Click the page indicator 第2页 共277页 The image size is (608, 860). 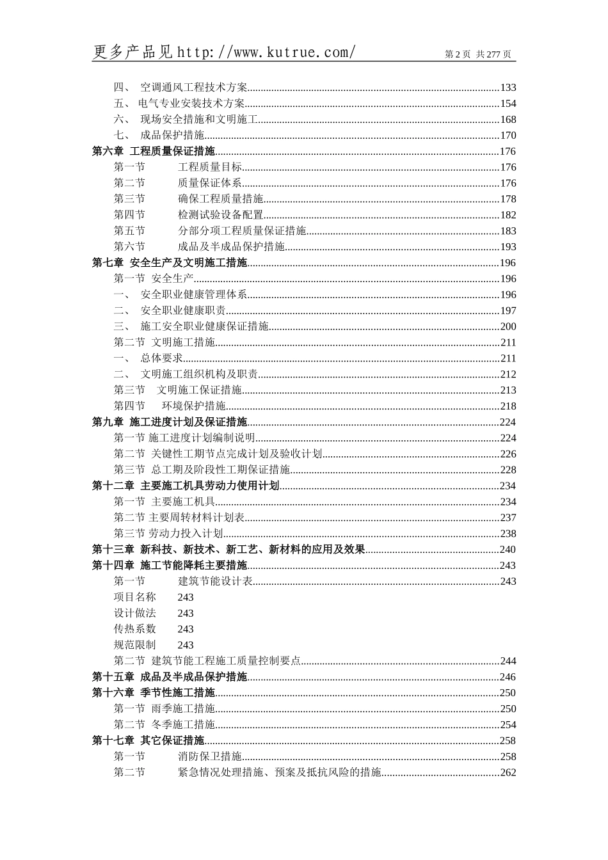coord(478,54)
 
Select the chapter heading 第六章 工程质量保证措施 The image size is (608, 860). coord(154,152)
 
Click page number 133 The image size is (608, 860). coord(508,88)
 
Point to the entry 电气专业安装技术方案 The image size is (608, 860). coord(191,104)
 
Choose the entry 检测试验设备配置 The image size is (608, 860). coord(220,215)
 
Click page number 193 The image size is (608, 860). coord(508,247)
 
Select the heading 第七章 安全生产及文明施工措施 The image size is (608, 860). coord(170,263)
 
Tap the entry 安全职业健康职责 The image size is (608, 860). coord(182,311)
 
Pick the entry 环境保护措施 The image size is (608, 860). coord(193,406)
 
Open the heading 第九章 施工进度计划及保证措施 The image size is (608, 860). coord(170,422)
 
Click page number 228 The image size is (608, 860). coord(508,470)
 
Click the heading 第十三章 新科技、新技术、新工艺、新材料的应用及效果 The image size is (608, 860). coord(228,550)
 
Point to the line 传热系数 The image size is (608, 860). coord(135,629)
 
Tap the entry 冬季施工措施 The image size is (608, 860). coord(182,724)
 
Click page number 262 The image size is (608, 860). coord(508,772)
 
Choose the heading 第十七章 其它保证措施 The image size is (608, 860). coord(148,740)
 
